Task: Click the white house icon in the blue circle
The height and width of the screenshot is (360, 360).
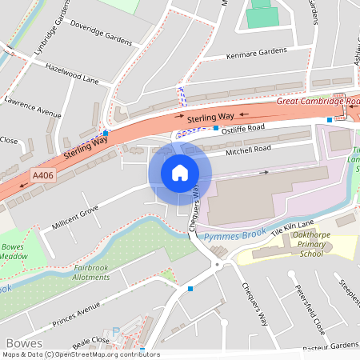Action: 180,173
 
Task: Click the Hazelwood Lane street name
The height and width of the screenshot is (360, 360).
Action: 71,74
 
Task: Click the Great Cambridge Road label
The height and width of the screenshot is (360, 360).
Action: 319,102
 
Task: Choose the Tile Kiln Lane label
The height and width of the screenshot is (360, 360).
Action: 293,226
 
